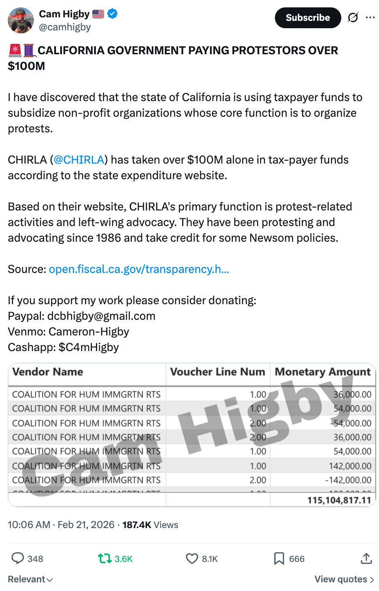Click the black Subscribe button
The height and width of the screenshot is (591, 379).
307,18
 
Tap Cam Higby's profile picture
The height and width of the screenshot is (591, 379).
21,20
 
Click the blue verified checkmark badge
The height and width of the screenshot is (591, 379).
112,14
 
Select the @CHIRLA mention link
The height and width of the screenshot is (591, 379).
78,160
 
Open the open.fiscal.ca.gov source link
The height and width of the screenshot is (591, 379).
139,269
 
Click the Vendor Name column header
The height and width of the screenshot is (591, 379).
48,372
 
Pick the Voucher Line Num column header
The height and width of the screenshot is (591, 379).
217,372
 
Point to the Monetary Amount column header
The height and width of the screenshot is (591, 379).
323,372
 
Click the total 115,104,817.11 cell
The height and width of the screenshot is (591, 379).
340,500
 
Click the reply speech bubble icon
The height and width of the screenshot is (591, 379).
17,558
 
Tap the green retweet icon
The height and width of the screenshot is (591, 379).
105,558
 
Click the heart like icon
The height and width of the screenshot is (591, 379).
192,558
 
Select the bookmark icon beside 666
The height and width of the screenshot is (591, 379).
279,558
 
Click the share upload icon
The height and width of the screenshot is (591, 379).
366,558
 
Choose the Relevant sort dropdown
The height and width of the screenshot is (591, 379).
30,579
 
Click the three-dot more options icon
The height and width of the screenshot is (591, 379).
370,18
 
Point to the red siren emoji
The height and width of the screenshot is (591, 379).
14,51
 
